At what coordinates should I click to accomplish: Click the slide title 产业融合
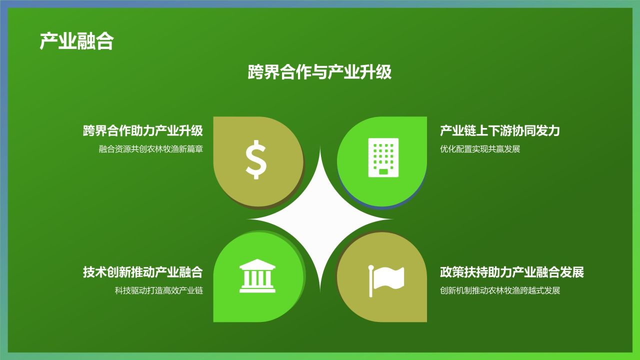pyautogui.click(x=76, y=41)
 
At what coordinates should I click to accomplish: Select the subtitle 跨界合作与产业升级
pyautogui.click(x=319, y=72)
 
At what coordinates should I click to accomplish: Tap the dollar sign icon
pyautogui.click(x=256, y=159)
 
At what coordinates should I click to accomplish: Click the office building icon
pyautogui.click(x=383, y=157)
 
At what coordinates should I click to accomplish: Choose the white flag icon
pyautogui.click(x=386, y=279)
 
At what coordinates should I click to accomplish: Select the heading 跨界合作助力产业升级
pyautogui.click(x=143, y=131)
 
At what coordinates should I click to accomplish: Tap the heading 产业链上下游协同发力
pyautogui.click(x=499, y=131)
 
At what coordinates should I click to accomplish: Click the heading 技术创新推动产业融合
pyautogui.click(x=143, y=272)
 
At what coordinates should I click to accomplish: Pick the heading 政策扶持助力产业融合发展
pyautogui.click(x=511, y=272)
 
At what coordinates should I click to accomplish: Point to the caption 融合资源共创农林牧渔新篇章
pyautogui.click(x=151, y=149)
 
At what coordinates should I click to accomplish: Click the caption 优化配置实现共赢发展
pyautogui.click(x=480, y=149)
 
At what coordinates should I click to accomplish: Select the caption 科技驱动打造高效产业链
pyautogui.click(x=159, y=290)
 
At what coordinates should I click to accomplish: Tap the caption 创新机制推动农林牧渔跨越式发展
pyautogui.click(x=500, y=290)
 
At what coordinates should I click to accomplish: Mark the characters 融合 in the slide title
pyautogui.click(x=95, y=41)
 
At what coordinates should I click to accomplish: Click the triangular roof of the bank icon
pyautogui.click(x=257, y=264)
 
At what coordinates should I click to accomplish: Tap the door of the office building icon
pyautogui.click(x=383, y=171)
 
